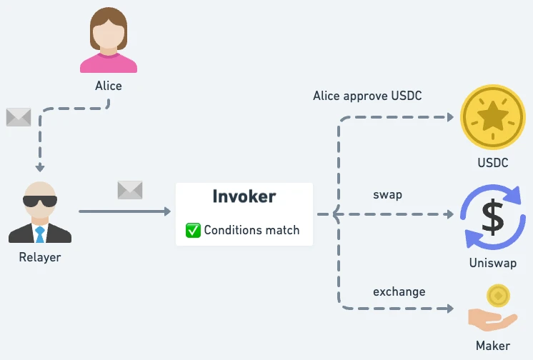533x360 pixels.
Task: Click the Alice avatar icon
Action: [x=109, y=41]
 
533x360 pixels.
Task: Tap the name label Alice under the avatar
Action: [x=109, y=86]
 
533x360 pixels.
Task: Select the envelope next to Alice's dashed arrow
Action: [x=19, y=117]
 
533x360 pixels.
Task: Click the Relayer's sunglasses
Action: [x=40, y=200]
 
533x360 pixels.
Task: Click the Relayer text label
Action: [x=40, y=257]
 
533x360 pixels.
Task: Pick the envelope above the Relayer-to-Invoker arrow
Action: [x=130, y=190]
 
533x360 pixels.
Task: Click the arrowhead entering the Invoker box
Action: [x=167, y=211]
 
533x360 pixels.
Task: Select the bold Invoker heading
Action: [x=244, y=196]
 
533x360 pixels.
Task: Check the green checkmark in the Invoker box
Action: [x=193, y=230]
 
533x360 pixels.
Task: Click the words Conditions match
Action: [x=251, y=230]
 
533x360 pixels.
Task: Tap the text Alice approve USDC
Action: [x=367, y=96]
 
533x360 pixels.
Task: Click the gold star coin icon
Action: [x=492, y=117]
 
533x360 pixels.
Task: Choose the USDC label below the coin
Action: [x=492, y=163]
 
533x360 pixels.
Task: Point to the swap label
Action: [x=387, y=194]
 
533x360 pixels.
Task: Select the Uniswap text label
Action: [x=492, y=263]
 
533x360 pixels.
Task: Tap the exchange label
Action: [x=399, y=291]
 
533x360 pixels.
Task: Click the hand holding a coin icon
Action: [x=493, y=309]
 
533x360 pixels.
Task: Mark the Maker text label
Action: [x=492, y=346]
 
